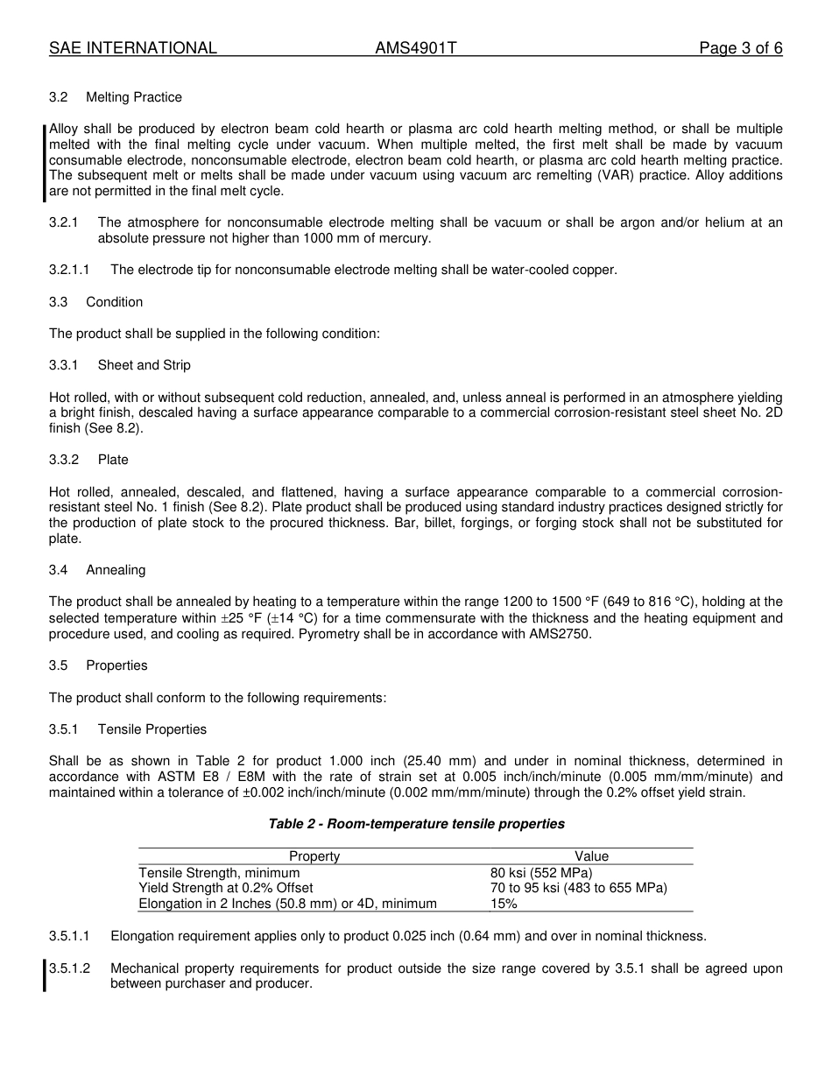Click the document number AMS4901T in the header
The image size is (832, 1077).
[x=416, y=48]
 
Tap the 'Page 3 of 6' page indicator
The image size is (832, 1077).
[x=740, y=48]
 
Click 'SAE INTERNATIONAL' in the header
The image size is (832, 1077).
[x=133, y=48]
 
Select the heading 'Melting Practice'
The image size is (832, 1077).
[x=134, y=97]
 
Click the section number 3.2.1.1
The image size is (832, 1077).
[x=68, y=270]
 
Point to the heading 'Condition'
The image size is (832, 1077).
[x=114, y=302]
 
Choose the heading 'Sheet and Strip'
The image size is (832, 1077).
[x=144, y=365]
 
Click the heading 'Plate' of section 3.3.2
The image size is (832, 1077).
[x=113, y=460]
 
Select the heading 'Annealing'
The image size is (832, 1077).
[x=116, y=570]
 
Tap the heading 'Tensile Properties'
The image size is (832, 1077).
[x=152, y=729]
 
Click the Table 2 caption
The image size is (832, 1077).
[x=416, y=824]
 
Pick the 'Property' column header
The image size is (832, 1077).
[x=314, y=856]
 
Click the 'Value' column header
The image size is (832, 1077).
[x=591, y=856]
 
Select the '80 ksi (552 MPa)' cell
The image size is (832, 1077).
[x=541, y=873]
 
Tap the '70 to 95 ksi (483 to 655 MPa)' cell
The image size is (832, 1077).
[x=578, y=889]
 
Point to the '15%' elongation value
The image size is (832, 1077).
[x=504, y=905]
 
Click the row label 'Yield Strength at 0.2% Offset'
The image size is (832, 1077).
[x=225, y=889]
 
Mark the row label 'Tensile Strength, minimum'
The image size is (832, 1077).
[x=219, y=873]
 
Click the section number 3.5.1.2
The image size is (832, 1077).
[x=74, y=968]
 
